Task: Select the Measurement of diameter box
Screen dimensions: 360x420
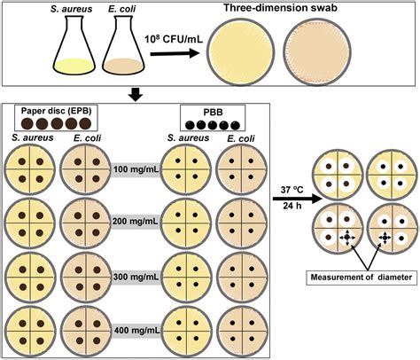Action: [362, 278]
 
